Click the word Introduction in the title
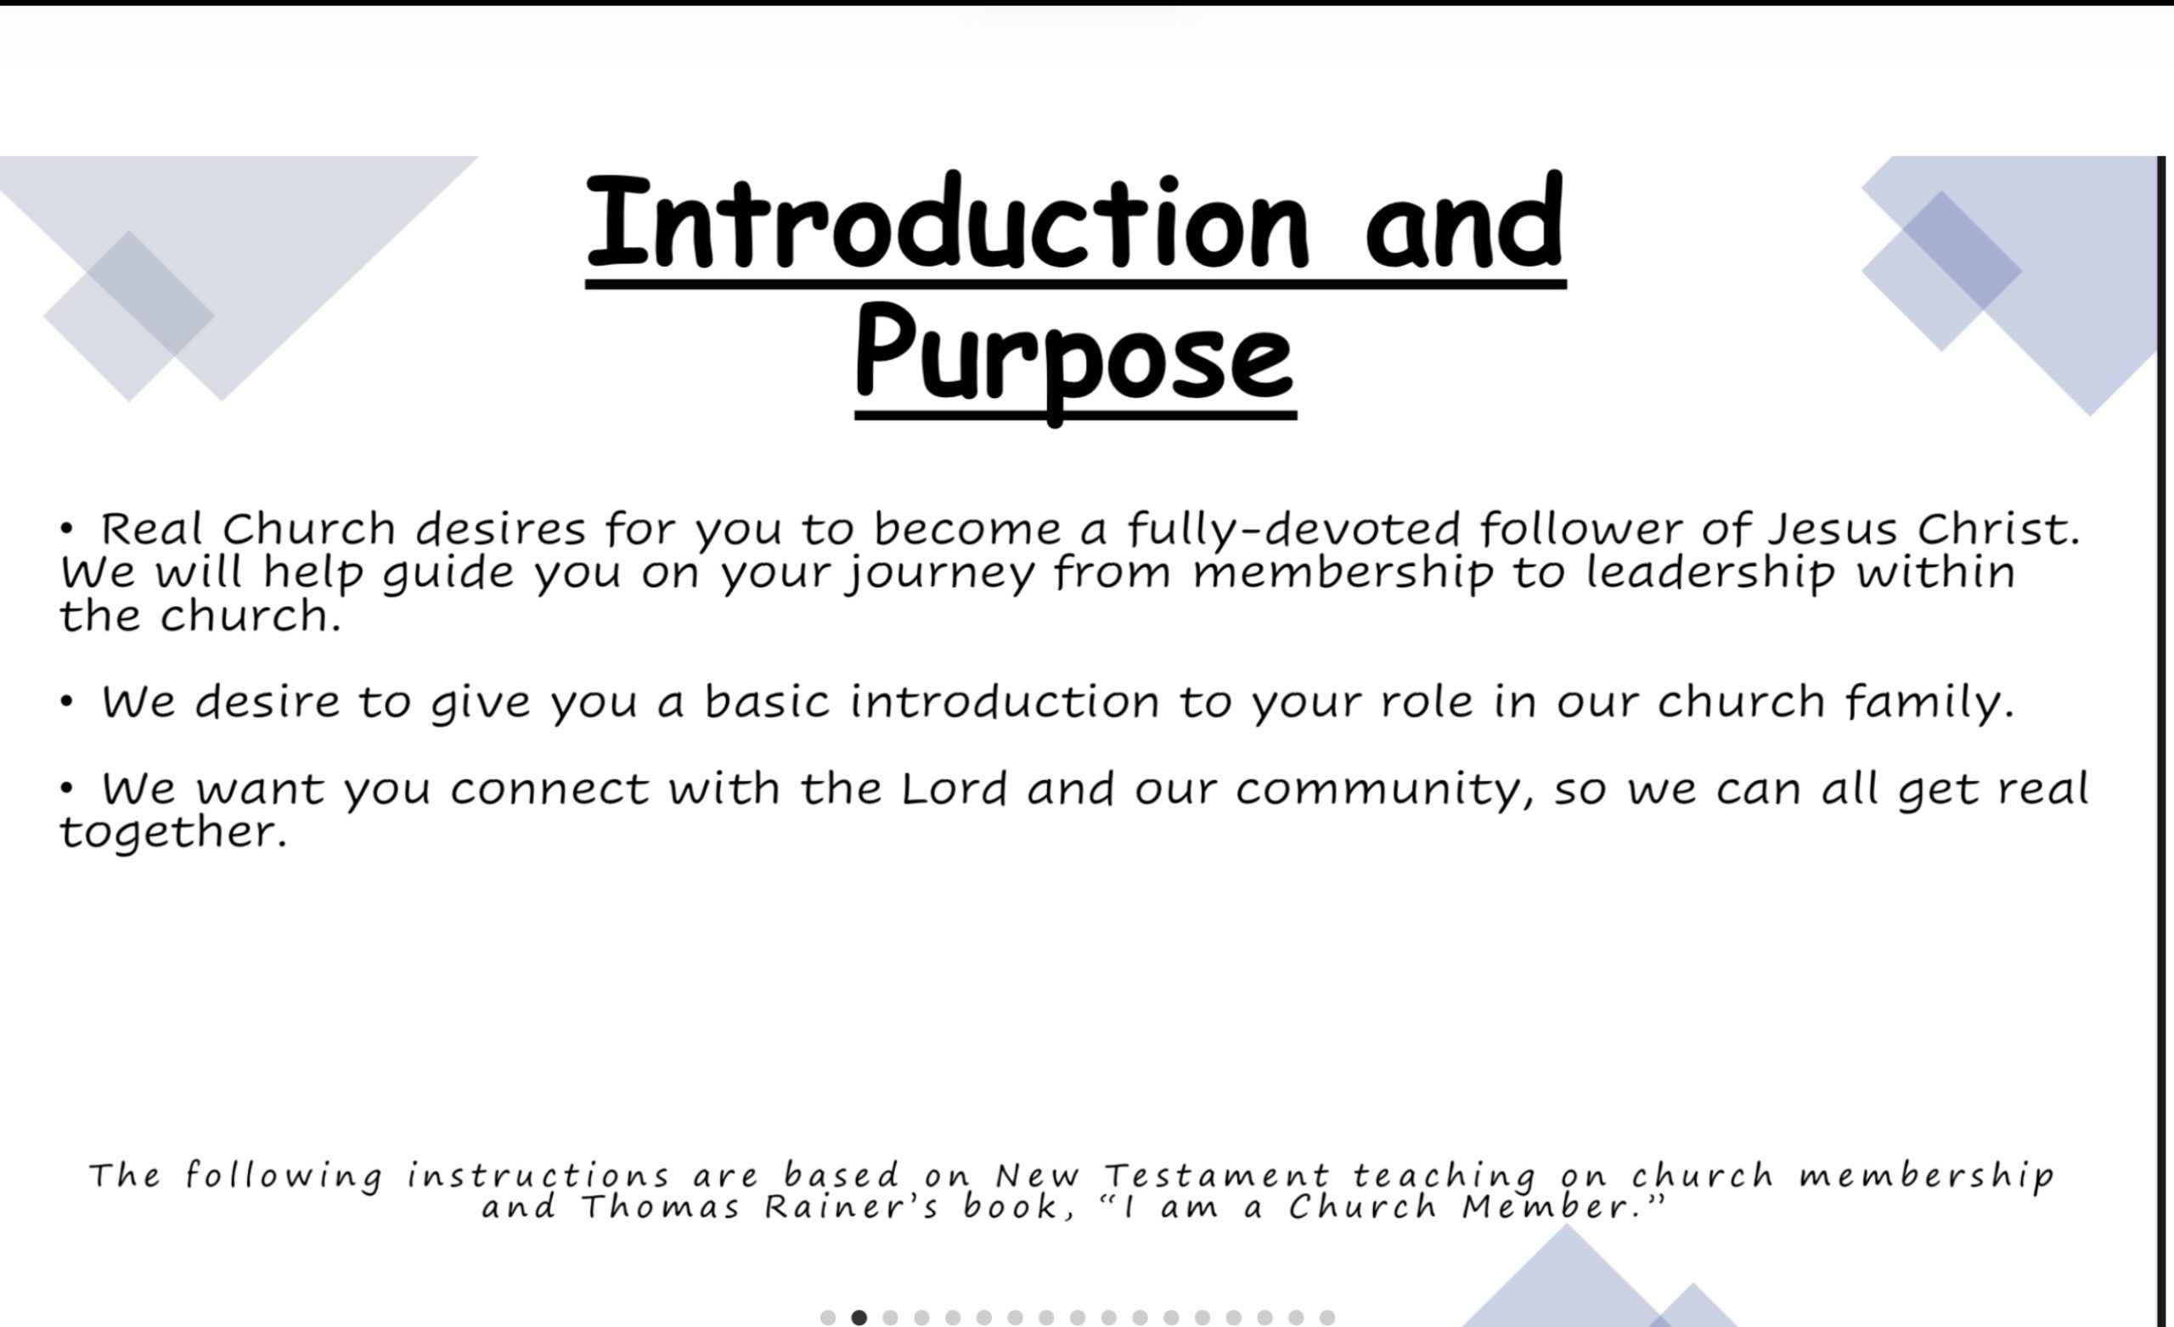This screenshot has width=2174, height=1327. [x=948, y=222]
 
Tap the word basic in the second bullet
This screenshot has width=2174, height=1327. [x=767, y=702]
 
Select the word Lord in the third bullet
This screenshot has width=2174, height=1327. [x=954, y=788]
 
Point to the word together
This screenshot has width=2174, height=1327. [x=173, y=832]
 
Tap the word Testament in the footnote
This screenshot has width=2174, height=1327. [x=1217, y=1175]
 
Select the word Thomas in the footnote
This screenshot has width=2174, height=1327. [x=660, y=1206]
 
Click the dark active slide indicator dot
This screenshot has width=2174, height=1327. [x=859, y=1318]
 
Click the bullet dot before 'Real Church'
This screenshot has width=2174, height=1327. [x=66, y=530]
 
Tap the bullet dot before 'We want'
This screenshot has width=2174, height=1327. [x=66, y=790]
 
